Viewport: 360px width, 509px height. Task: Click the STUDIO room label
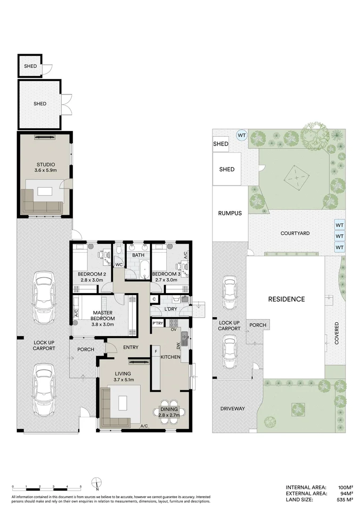pos(46,164)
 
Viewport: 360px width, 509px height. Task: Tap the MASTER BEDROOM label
pos(103,315)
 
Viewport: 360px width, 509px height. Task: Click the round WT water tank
pos(242,135)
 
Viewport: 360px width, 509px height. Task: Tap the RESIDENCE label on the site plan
pos(286,299)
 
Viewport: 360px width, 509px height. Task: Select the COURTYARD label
pos(295,233)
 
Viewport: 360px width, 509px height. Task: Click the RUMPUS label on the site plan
pos(230,213)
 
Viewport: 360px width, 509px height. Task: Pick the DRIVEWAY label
pos(232,409)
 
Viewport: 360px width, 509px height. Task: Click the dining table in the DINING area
pos(169,412)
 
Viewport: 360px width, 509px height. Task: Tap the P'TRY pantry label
pos(158,323)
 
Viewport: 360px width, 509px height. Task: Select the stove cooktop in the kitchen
pos(173,323)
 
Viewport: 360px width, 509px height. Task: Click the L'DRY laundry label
pos(171,309)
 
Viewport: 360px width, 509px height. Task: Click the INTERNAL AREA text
pos(306,487)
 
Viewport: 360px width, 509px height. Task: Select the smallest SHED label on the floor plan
pos(31,66)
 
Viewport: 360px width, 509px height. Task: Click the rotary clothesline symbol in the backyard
pos(296,177)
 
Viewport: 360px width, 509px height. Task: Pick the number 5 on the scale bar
pos(81,486)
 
